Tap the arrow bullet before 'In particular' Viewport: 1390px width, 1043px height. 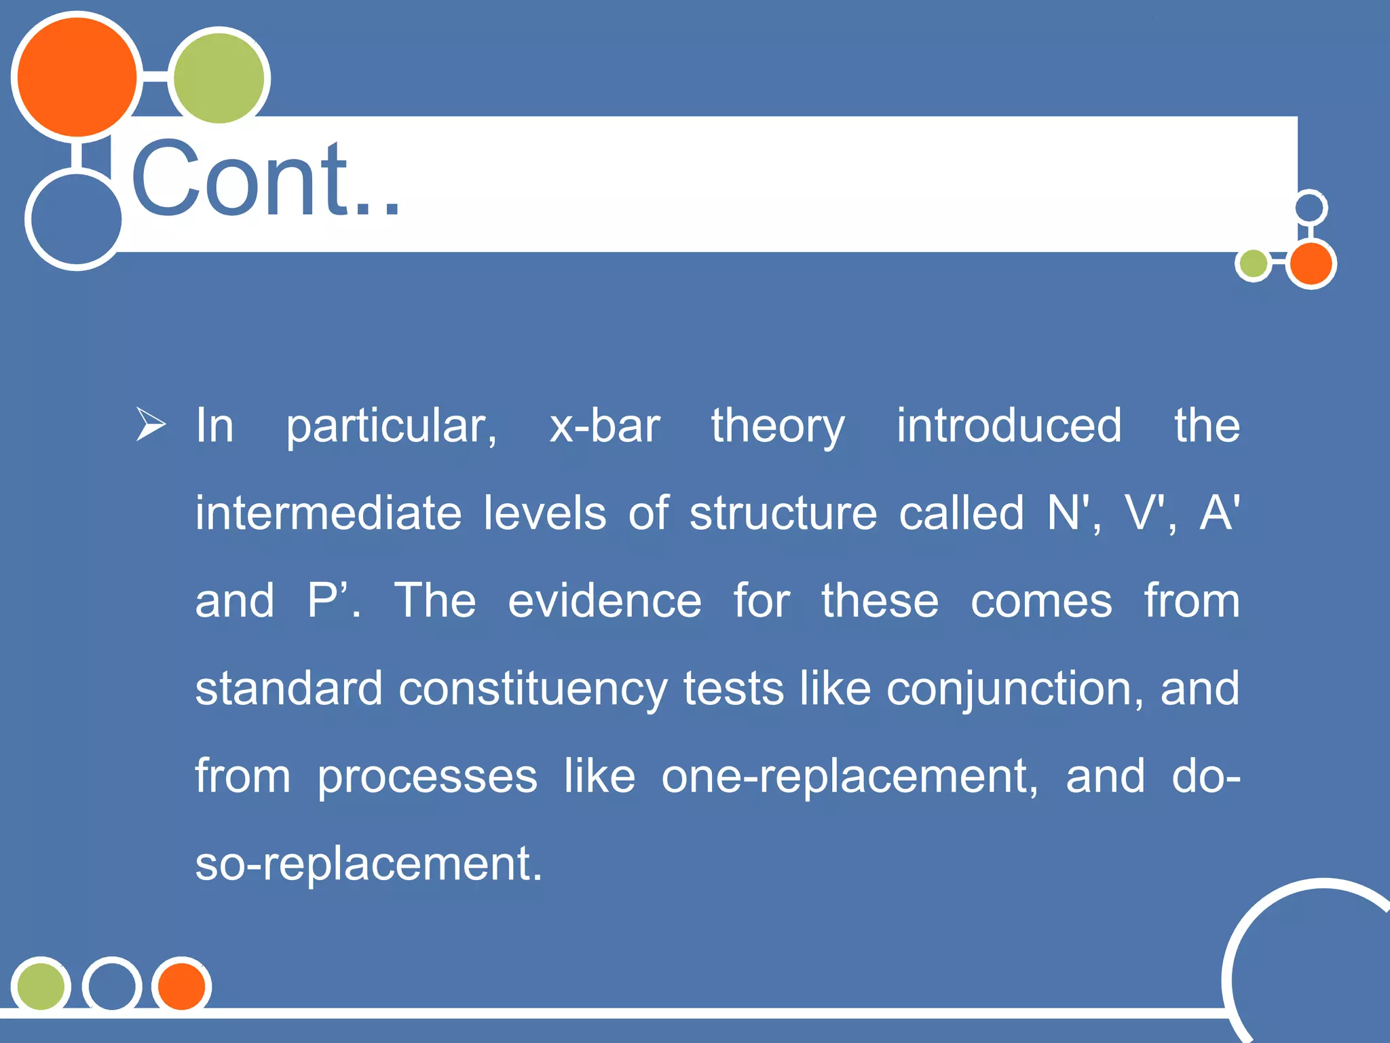(x=151, y=424)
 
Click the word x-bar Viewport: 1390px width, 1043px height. (x=604, y=426)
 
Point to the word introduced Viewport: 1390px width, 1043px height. (x=1009, y=426)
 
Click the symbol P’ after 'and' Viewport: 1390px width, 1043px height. (x=331, y=600)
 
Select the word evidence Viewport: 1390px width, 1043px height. (x=605, y=601)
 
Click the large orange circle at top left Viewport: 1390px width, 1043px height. (x=77, y=77)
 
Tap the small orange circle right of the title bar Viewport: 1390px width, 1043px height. (x=1311, y=263)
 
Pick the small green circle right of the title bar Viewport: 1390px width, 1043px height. (x=1253, y=264)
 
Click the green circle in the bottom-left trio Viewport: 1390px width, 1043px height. (x=41, y=985)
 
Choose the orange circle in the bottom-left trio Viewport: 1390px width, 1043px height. (x=181, y=985)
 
